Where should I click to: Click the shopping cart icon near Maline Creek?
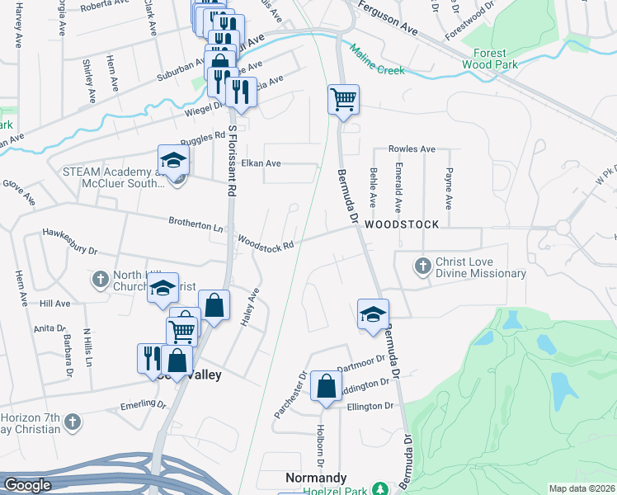[x=343, y=100]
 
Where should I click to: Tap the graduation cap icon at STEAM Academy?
[x=174, y=159]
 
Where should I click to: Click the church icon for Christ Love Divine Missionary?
[x=422, y=266]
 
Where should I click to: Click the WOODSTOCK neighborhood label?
[x=395, y=224]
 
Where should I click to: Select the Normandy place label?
[x=316, y=478]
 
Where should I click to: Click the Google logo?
[x=27, y=485]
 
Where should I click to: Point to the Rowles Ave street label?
[x=411, y=149]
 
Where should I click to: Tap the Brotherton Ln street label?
[x=195, y=224]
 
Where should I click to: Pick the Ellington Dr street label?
[x=370, y=406]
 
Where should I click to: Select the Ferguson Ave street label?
[x=388, y=28]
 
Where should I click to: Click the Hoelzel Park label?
[x=338, y=490]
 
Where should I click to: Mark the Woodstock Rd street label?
[x=266, y=243]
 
